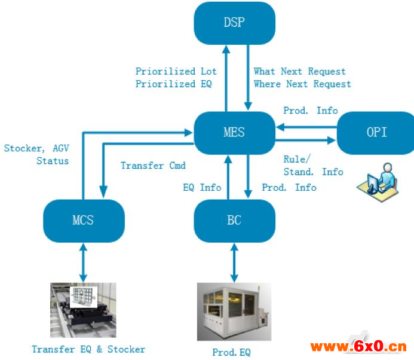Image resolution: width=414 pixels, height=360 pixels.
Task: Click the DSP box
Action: (x=234, y=23)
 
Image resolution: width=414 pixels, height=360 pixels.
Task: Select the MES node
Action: (x=234, y=132)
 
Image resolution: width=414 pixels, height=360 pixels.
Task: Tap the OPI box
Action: (x=376, y=132)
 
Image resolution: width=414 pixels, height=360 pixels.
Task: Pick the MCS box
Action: (x=83, y=219)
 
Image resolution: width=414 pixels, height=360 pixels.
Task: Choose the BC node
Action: (x=234, y=219)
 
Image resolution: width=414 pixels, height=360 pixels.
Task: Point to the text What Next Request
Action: (x=300, y=72)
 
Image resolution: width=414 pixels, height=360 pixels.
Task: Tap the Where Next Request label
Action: (x=302, y=84)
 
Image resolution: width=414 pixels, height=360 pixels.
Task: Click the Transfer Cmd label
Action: (x=153, y=165)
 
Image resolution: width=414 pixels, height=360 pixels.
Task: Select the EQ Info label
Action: (x=202, y=187)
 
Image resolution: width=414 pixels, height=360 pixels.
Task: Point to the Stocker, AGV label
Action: (x=36, y=148)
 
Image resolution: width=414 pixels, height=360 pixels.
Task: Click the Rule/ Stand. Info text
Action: (x=313, y=166)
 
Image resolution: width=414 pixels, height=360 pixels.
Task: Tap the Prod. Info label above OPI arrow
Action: (x=310, y=111)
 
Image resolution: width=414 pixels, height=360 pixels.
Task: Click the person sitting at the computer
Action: (x=378, y=182)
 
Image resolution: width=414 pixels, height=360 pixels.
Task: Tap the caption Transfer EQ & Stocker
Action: (x=88, y=349)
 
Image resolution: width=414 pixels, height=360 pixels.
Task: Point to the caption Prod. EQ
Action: (x=231, y=352)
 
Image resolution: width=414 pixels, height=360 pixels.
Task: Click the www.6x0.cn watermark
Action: (x=358, y=346)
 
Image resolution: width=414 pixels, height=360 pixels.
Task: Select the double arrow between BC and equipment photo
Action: (x=234, y=261)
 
